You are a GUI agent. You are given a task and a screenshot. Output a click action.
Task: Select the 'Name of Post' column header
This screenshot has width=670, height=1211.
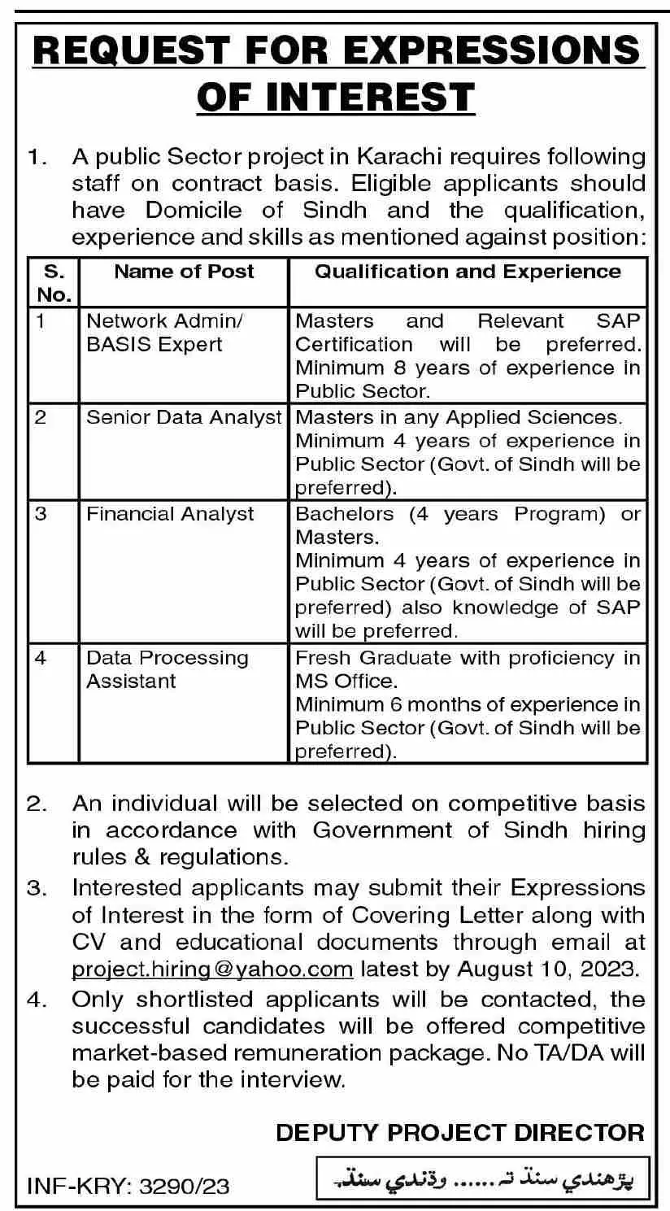point(184,272)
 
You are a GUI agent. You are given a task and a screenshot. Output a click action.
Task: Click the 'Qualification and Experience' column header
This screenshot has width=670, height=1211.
point(468,272)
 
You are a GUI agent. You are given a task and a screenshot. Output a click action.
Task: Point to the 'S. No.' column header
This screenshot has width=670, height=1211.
point(54,282)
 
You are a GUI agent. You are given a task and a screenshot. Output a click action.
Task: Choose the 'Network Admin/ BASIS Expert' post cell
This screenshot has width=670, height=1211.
point(154,332)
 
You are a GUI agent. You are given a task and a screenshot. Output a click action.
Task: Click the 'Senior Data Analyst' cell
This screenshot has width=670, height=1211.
point(184,417)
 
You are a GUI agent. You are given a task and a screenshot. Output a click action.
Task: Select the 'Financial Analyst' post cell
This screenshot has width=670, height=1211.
point(170,514)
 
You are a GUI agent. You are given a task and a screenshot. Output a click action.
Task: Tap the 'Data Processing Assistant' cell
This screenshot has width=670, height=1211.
point(167,669)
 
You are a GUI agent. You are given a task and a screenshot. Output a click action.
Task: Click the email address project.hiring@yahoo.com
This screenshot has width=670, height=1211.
point(212,969)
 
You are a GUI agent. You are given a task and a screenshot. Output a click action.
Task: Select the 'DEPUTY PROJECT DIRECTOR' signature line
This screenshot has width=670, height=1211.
point(460,1132)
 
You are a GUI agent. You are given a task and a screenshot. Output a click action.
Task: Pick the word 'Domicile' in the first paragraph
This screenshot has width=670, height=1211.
point(194,210)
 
